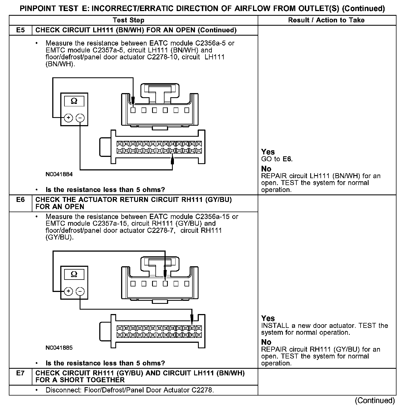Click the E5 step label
20,30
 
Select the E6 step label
20,200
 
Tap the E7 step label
20,373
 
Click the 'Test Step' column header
129,20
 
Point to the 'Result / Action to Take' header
326,20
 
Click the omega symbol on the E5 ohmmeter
74,101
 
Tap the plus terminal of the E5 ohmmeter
68,118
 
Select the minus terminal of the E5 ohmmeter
80,118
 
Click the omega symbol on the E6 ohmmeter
74,274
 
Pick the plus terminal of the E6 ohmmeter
68,291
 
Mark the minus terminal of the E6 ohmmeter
80,291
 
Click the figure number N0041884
59,175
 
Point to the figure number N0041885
59,348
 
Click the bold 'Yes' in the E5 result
268,152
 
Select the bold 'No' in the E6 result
266,342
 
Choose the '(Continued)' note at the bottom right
375,401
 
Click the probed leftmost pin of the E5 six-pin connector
133,110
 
